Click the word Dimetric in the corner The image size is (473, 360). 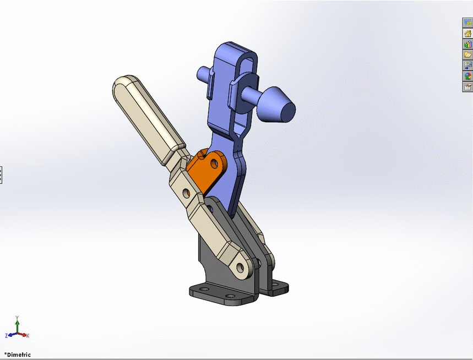coord(19,354)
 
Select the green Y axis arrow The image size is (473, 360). coord(18,325)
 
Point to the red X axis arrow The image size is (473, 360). coord(24,335)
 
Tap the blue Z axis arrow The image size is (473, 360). coord(12,335)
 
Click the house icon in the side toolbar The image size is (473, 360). coord(467,34)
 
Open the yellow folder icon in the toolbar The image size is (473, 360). coord(467,54)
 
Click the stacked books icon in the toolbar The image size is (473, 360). coord(467,45)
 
